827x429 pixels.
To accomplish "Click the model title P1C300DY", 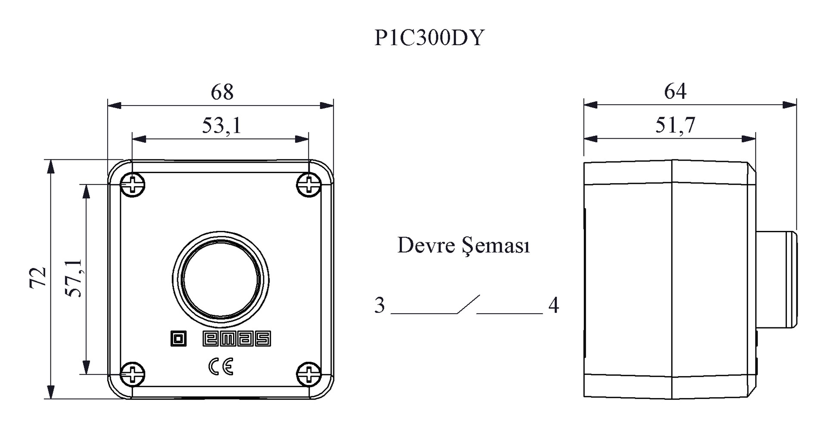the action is (429, 38).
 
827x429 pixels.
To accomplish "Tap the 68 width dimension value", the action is (222, 92).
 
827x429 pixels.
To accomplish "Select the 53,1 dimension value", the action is (222, 126).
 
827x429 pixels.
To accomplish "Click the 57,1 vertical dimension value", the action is (73, 278).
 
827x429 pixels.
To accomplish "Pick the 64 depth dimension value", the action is (675, 91).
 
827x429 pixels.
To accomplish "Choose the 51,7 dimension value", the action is (675, 125).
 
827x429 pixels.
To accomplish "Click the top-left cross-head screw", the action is (133, 185).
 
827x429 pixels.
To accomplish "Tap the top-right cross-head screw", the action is (309, 185).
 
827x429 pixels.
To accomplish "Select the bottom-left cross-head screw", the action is (133, 374).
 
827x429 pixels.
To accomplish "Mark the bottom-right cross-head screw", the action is (309, 374).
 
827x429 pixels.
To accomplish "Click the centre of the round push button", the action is (221, 279).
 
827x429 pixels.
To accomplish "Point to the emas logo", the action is (236, 339).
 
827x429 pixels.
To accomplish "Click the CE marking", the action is (221, 367).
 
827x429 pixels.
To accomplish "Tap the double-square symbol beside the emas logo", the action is (178, 339).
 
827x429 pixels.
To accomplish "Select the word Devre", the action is (426, 246).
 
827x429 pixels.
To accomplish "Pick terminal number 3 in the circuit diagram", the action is (379, 305).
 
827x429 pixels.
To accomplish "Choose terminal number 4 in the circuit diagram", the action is (553, 305).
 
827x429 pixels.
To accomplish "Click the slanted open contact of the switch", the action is (468, 304).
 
